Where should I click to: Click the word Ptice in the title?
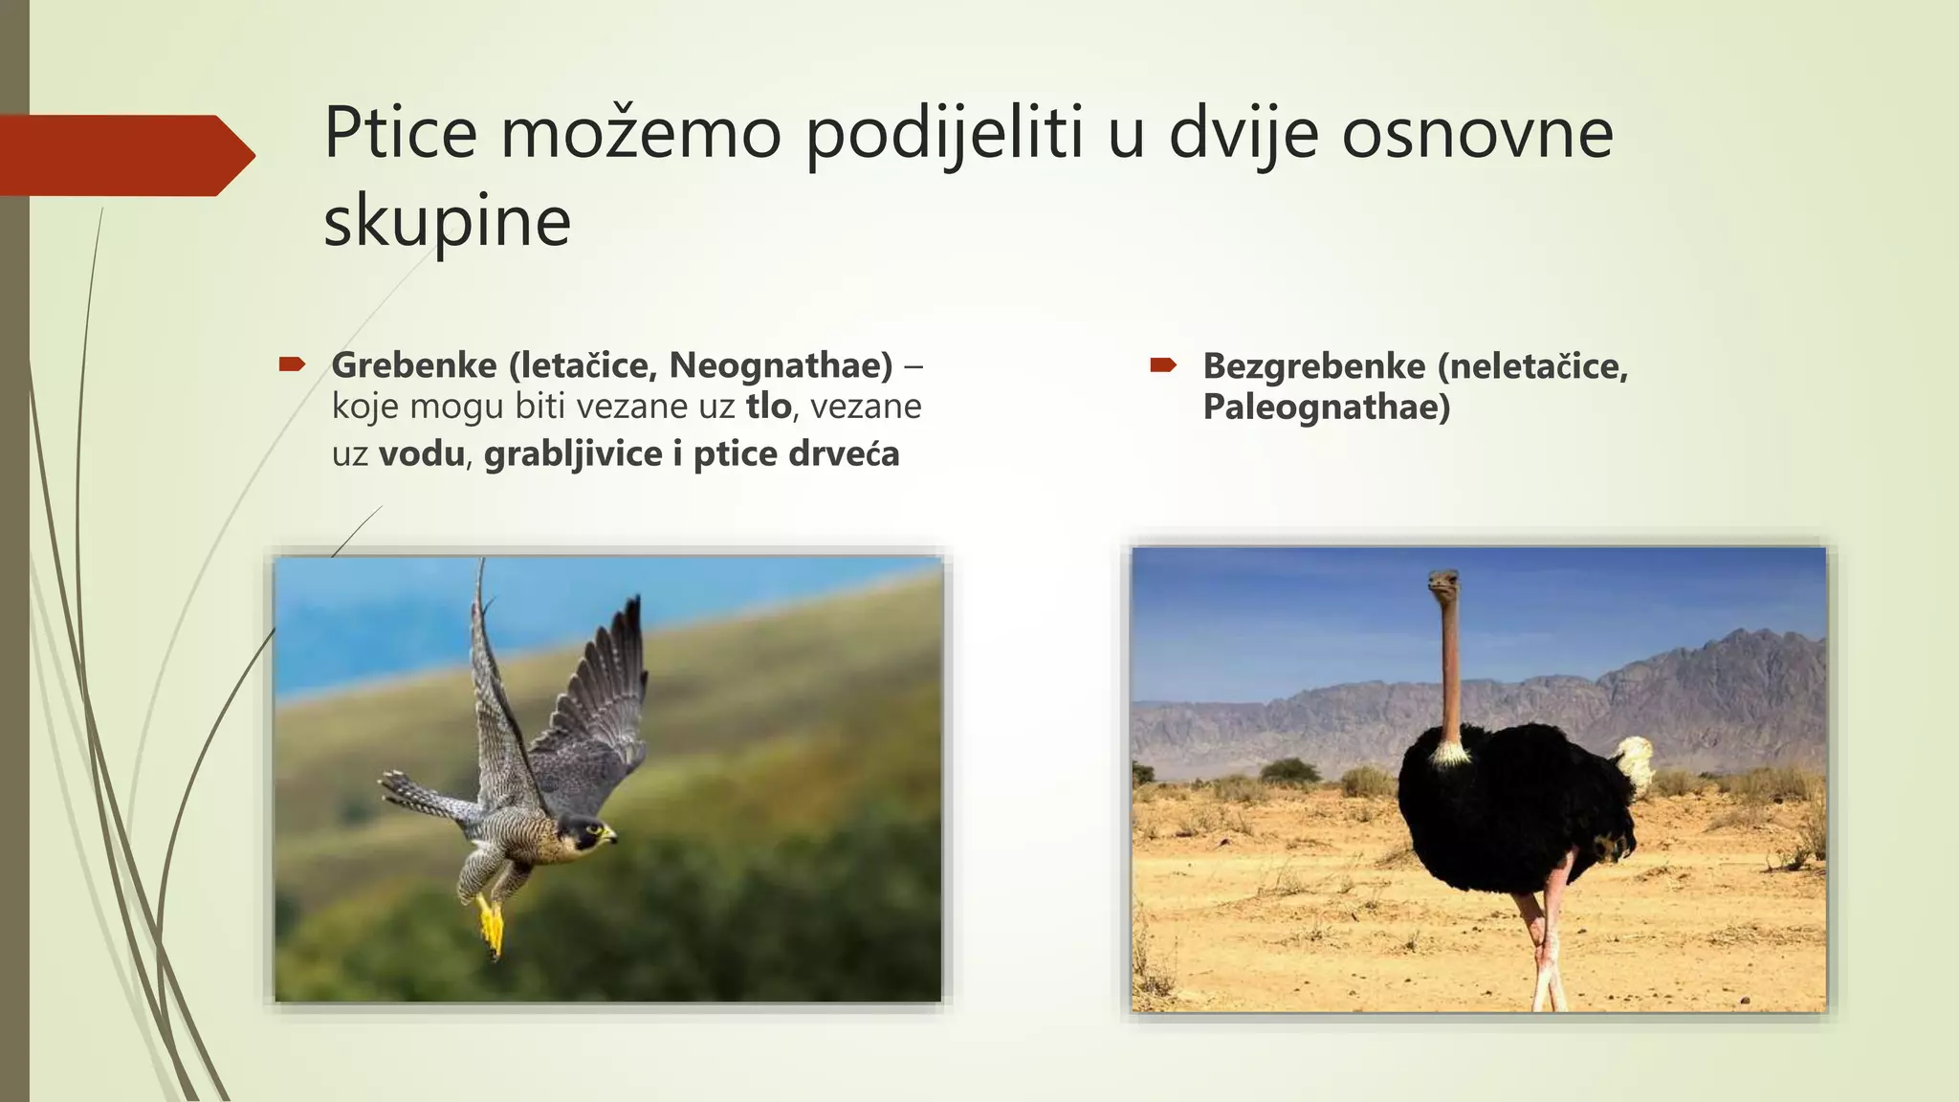pyautogui.click(x=400, y=133)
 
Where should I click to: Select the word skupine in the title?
pyautogui.click(x=447, y=222)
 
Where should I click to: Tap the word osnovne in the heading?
pyautogui.click(x=1477, y=133)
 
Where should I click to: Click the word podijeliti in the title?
pyautogui.click(x=944, y=133)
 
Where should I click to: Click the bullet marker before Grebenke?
pyautogui.click(x=291, y=364)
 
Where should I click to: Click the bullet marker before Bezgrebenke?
pyautogui.click(x=1162, y=364)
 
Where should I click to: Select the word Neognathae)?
pyautogui.click(x=781, y=365)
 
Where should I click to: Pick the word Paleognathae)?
pyautogui.click(x=1326, y=408)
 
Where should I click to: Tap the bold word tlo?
pyautogui.click(x=768, y=407)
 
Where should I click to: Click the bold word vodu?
pyautogui.click(x=421, y=453)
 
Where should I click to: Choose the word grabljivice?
pyautogui.click(x=573, y=453)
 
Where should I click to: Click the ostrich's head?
pyautogui.click(x=1444, y=583)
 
